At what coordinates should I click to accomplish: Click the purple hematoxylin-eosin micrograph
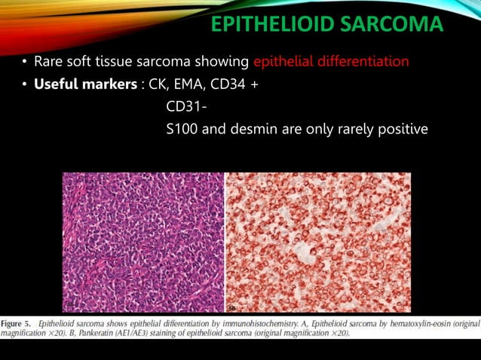(143, 242)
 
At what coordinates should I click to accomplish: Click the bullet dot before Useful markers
(25, 84)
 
